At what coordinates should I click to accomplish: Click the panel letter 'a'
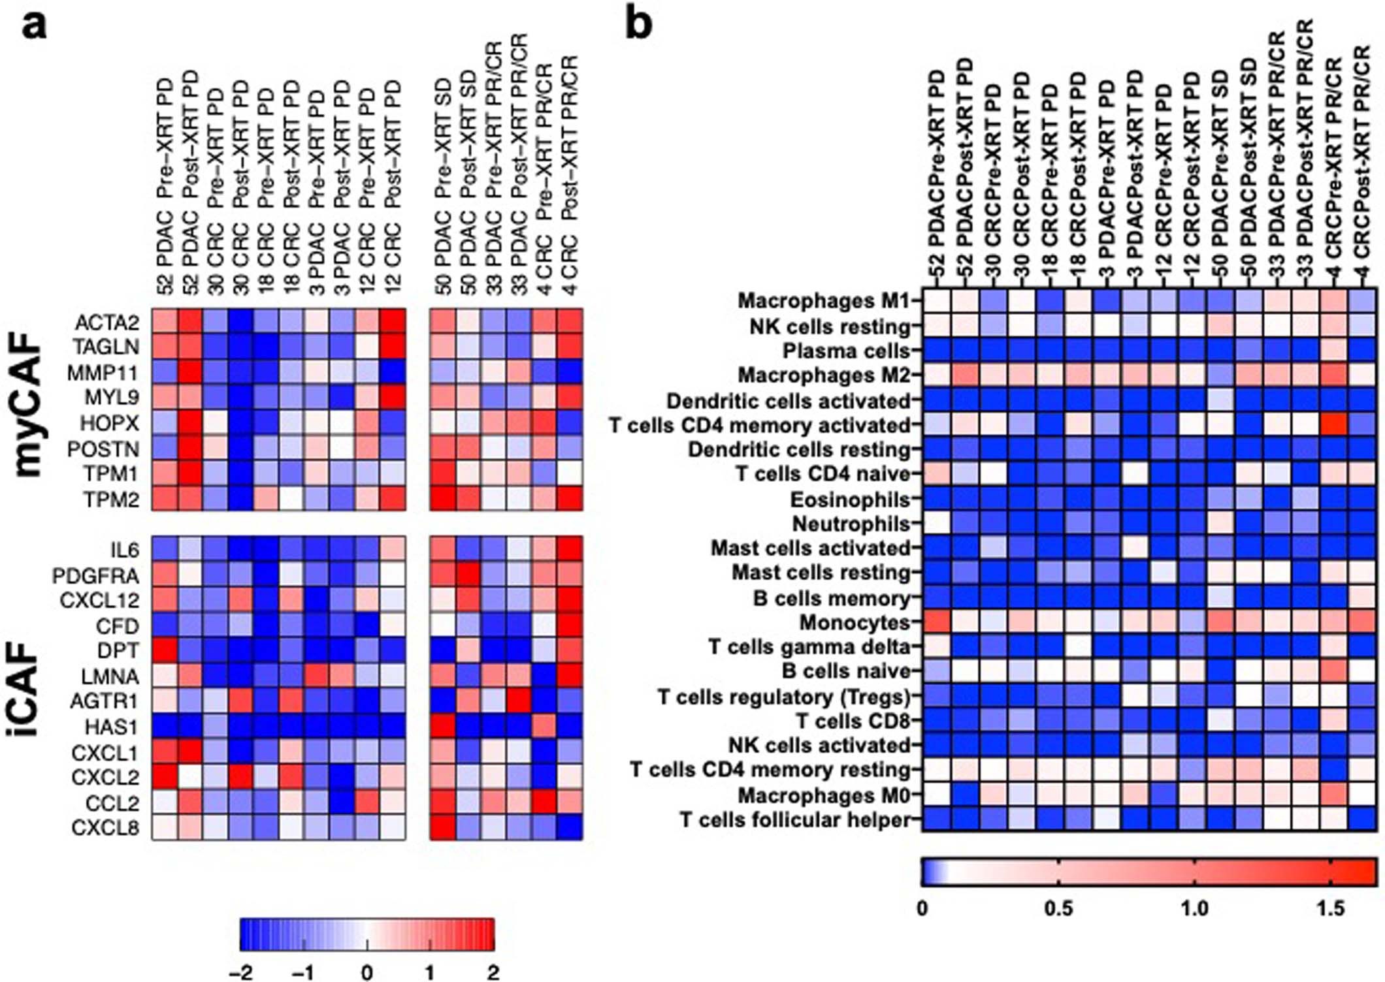click(33, 27)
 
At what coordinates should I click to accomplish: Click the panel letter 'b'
click(638, 25)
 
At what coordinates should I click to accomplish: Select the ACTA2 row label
click(107, 323)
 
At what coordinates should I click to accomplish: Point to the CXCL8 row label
click(105, 828)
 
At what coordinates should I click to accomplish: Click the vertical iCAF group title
click(29, 689)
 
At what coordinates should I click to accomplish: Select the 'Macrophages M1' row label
click(824, 300)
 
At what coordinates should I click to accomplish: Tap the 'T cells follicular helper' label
click(795, 819)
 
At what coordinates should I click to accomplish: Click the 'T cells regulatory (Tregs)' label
click(784, 697)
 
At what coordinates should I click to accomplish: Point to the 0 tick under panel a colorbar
click(367, 972)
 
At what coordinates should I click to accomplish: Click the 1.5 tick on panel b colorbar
click(1331, 908)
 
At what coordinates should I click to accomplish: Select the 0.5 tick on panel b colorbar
click(1058, 908)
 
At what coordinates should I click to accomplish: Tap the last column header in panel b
click(1361, 170)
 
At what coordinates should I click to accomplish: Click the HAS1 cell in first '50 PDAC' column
click(442, 725)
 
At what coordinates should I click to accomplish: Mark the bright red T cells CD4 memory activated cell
click(1335, 425)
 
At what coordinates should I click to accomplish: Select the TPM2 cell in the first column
click(165, 499)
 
